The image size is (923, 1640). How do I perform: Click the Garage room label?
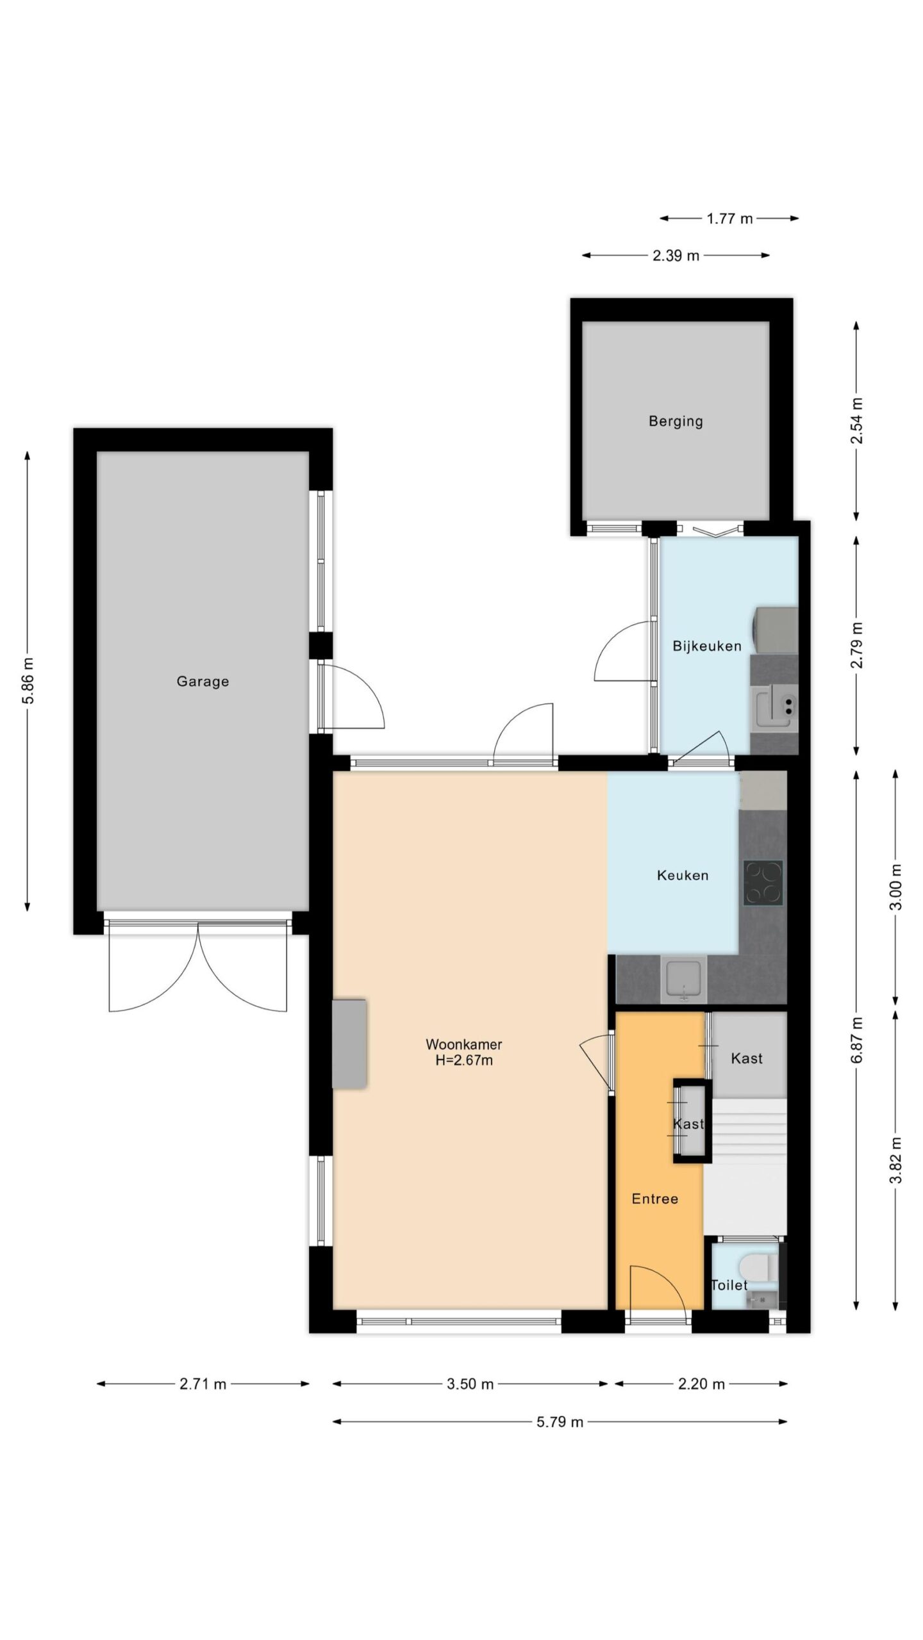[203, 682]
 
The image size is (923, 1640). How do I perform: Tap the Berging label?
[676, 422]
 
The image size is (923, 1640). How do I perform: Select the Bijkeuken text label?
[706, 646]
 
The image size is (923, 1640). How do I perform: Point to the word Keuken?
[683, 875]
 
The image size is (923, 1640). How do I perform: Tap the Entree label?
[654, 1199]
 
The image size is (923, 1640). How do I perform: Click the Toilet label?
[729, 1284]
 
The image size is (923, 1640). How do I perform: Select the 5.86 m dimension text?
[29, 680]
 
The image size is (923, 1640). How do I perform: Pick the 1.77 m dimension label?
[729, 218]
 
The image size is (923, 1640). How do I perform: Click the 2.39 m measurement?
[676, 256]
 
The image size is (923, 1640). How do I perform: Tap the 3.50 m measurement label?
[470, 1384]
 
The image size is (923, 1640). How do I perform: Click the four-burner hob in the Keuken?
[763, 883]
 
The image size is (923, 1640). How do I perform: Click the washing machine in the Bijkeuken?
[776, 630]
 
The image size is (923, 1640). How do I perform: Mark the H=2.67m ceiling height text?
[464, 1060]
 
